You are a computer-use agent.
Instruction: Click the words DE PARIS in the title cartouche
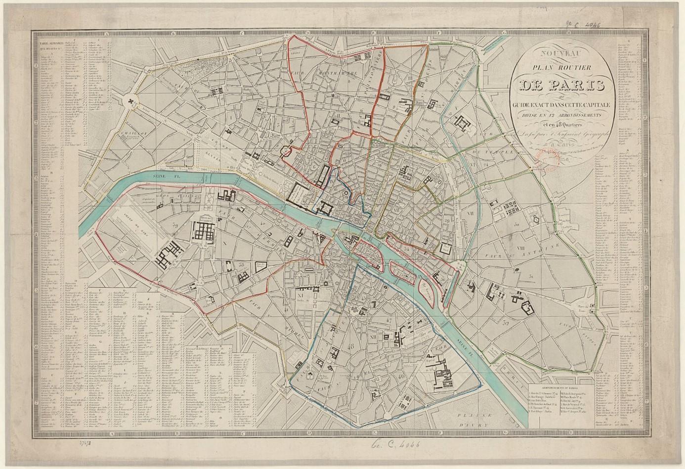pos(561,85)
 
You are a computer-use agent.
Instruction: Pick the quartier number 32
pos(505,323)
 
